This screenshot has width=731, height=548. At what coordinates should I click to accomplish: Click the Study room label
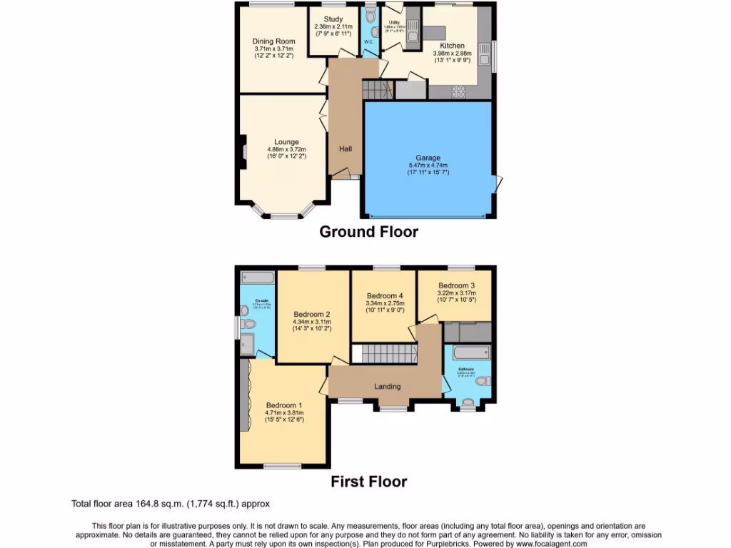coord(333,19)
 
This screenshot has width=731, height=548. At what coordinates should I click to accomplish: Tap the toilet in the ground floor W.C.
coord(369,15)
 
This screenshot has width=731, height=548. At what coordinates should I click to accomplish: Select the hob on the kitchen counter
coord(457,91)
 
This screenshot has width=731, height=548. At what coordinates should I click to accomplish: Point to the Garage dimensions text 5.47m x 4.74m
coord(428,165)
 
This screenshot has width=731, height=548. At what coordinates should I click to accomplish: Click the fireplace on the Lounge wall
coord(243,151)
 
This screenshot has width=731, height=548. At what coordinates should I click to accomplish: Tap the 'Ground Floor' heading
coord(368,231)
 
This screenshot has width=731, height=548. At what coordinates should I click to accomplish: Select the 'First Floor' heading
coord(368,482)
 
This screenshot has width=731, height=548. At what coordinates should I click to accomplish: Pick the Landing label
coord(388,387)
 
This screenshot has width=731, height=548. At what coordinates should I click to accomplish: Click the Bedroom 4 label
coord(385,295)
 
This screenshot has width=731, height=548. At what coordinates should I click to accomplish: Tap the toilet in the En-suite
coord(248,325)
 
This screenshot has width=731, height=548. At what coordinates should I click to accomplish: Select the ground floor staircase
coord(377,90)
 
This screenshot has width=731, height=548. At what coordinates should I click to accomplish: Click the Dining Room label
coord(273,41)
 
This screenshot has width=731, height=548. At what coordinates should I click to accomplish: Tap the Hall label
coord(346,148)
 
